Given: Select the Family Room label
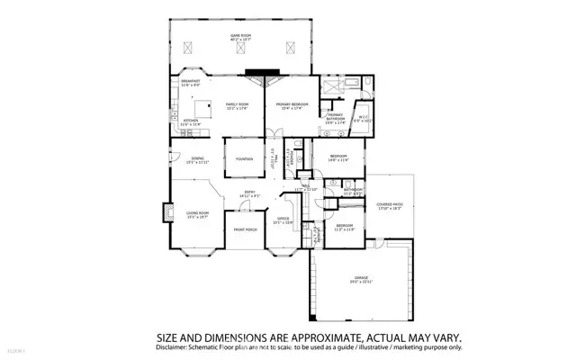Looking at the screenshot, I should pyautogui.click(x=238, y=104).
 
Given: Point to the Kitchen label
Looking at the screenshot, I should pyautogui.click(x=190, y=122).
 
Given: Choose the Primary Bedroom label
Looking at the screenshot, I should pyautogui.click(x=292, y=104).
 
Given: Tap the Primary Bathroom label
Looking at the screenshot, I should pyautogui.click(x=335, y=118).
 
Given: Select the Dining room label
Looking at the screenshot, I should pyautogui.click(x=196, y=160).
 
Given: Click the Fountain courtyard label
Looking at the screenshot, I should pyautogui.click(x=244, y=159).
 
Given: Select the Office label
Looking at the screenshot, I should pyautogui.click(x=283, y=219).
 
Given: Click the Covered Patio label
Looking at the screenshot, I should pyautogui.click(x=390, y=207).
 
